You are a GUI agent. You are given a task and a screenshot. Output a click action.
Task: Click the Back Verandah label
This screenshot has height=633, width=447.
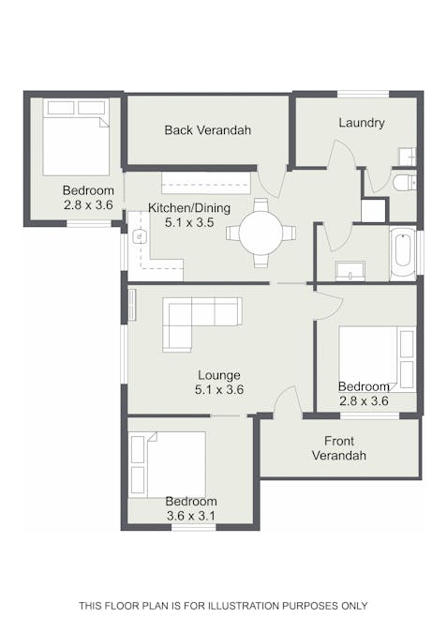[x=208, y=130]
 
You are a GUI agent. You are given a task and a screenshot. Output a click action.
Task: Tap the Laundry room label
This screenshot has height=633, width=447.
[x=362, y=123]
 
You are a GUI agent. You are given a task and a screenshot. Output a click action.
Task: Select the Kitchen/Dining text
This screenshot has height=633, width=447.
[x=189, y=208]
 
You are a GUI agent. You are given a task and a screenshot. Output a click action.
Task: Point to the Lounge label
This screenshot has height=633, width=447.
[x=219, y=375]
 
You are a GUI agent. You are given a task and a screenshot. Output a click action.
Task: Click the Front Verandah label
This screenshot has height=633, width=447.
[x=339, y=448]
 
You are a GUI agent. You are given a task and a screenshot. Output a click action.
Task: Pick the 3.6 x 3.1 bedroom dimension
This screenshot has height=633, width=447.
[x=191, y=516]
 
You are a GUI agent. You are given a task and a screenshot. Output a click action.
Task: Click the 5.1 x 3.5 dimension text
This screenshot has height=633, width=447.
[x=189, y=222]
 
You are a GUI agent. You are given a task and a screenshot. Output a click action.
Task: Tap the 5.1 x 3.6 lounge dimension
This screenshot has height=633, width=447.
[x=219, y=389]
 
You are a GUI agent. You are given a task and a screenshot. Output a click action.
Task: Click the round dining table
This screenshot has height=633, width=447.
[x=261, y=233]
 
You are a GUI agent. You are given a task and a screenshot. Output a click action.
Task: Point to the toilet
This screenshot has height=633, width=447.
[x=405, y=183]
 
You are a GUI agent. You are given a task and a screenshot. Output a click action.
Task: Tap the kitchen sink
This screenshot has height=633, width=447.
[x=139, y=235]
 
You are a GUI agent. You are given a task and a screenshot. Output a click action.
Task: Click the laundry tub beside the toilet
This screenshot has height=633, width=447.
[x=407, y=157]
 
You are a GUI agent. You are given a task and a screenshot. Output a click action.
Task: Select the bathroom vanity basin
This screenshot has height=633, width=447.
[x=350, y=271]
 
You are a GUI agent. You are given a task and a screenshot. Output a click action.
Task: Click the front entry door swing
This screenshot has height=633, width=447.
[x=288, y=399]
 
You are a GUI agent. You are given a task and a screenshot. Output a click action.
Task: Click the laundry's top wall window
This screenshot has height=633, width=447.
[x=363, y=95]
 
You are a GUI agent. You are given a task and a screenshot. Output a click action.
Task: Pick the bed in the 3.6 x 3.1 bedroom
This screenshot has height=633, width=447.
[x=167, y=464]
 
